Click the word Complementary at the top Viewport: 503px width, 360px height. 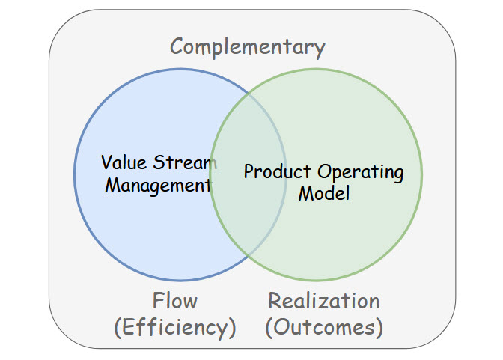(248, 47)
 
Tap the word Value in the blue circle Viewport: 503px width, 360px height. (124, 162)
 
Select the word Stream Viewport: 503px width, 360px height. (185, 162)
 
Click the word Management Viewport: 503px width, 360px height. (158, 186)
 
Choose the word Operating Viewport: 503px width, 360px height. (360, 172)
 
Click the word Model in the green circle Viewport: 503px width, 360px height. (323, 194)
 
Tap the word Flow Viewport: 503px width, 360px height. (175, 301)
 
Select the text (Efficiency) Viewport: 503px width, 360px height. (175, 328)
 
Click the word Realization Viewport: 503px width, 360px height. (323, 301)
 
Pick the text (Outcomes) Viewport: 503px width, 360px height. (324, 328)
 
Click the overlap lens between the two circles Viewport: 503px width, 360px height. (248, 175)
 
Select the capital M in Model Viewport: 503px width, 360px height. (305, 194)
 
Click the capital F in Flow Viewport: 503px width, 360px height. (158, 301)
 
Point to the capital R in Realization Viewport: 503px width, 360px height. (274, 301)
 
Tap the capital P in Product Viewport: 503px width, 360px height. (249, 171)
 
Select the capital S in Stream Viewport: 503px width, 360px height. (159, 162)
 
